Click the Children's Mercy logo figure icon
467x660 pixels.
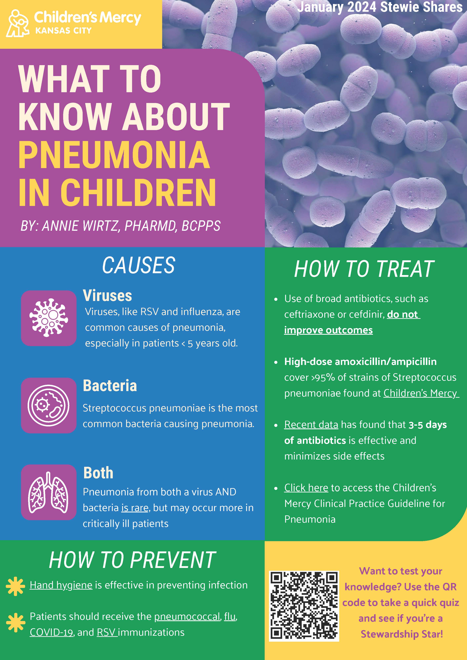[18, 24]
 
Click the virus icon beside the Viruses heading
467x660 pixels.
[49, 318]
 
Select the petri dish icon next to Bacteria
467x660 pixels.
[49, 405]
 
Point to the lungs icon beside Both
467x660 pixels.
[49, 492]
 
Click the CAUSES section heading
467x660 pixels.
[139, 265]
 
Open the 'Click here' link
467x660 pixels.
[306, 488]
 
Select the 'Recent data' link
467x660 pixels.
[311, 425]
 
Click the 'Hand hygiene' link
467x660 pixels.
[61, 585]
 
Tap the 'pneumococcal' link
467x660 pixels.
[187, 617]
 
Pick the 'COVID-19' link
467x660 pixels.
[51, 632]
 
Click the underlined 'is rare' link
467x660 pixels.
[135, 508]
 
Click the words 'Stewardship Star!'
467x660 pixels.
[402, 634]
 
